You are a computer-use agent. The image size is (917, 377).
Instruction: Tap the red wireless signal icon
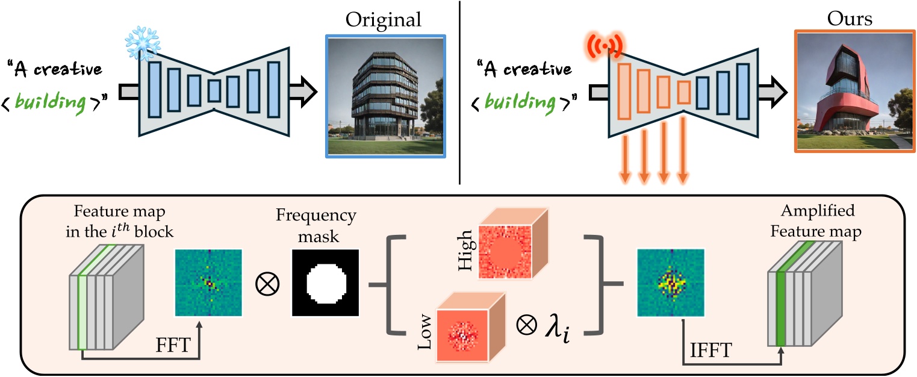(x=605, y=46)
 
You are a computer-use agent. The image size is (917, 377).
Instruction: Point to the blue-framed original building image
(x=385, y=95)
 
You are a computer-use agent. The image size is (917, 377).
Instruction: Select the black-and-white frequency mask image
(x=325, y=282)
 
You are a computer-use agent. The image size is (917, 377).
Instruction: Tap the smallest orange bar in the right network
(x=683, y=92)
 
